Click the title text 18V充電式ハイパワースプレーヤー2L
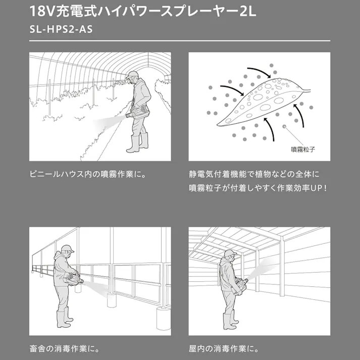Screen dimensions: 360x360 (x=143, y=11)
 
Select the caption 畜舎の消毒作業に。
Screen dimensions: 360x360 (x=64, y=348)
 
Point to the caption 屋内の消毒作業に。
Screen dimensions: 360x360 (x=224, y=348)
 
